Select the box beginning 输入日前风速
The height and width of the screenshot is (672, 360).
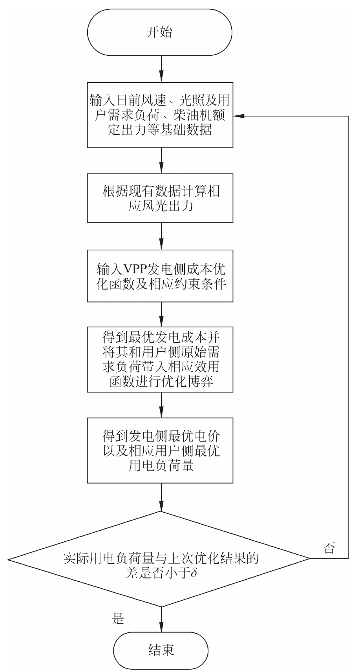tap(160, 115)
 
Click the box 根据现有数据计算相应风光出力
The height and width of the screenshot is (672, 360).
tap(160, 198)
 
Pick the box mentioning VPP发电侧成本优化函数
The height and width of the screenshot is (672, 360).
tap(160, 276)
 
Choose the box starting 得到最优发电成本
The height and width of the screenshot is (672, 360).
tap(160, 359)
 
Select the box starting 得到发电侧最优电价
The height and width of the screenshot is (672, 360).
tap(160, 450)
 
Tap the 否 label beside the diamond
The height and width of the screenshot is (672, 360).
tap(329, 548)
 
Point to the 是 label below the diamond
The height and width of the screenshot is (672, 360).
tap(118, 619)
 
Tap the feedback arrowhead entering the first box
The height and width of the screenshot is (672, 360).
tap(238, 116)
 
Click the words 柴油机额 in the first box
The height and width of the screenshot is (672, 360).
tap(206, 115)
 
